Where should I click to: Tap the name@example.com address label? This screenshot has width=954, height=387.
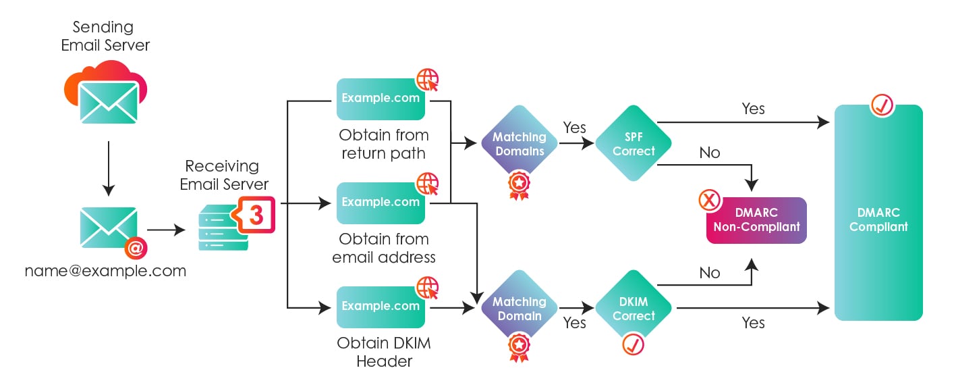click(106, 271)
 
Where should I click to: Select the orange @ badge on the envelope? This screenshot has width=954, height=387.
click(135, 248)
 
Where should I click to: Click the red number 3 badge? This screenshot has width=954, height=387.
click(256, 215)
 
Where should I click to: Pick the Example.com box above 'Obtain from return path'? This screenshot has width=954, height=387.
click(381, 99)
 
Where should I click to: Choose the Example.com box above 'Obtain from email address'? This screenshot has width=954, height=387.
click(381, 202)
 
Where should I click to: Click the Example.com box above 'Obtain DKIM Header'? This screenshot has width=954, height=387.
click(381, 307)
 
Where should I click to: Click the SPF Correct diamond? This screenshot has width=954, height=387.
click(634, 143)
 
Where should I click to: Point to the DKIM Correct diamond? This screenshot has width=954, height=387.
click(634, 309)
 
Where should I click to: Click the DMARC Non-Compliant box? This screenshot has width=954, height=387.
click(756, 220)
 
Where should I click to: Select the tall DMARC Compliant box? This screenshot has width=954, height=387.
click(878, 213)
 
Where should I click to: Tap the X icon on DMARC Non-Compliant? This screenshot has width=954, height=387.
click(708, 200)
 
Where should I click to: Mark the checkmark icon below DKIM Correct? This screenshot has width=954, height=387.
click(633, 344)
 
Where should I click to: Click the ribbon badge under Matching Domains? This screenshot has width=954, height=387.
click(518, 185)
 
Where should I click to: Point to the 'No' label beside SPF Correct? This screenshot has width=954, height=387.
click(710, 153)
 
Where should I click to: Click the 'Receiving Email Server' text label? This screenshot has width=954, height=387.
click(224, 175)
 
